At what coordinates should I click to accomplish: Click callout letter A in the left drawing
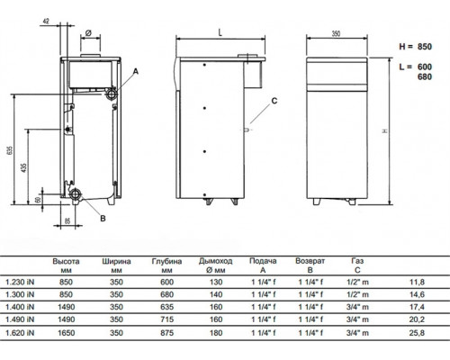[x=136, y=71]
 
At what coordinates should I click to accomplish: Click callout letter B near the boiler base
[x=103, y=219]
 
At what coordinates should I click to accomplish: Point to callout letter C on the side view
[x=274, y=101]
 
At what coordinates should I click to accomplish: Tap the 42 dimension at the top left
[x=46, y=22]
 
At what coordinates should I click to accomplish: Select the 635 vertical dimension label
[x=10, y=150]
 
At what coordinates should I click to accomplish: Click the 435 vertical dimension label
[x=23, y=167]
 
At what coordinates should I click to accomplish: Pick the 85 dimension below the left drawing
[x=67, y=220]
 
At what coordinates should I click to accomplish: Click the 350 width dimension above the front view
[x=336, y=33]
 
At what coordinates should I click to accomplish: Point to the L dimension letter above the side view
[x=220, y=32]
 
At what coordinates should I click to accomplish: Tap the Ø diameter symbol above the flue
[x=88, y=33]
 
